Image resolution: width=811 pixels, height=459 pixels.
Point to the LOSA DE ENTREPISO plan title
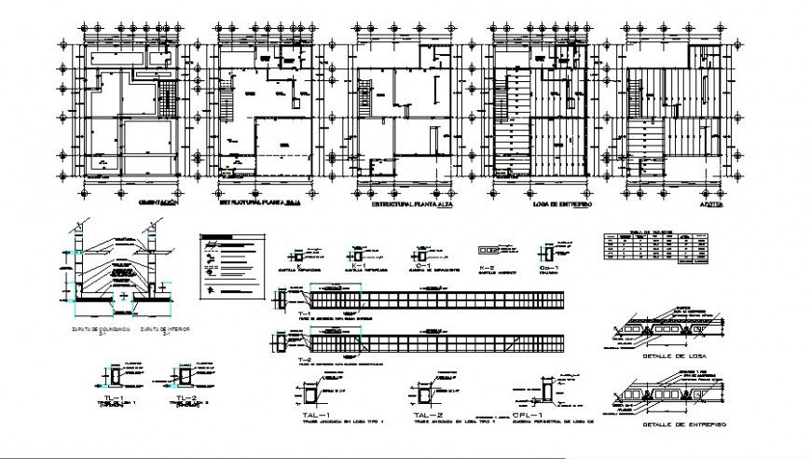pyautogui.click(x=554, y=202)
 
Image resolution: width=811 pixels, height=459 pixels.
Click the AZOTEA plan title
pyautogui.click(x=686, y=202)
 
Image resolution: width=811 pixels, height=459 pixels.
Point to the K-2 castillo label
pyautogui.click(x=486, y=268)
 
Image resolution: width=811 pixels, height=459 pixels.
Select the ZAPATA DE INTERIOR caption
pyautogui.click(x=160, y=330)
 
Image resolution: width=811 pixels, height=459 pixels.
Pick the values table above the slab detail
pyautogui.click(x=649, y=250)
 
